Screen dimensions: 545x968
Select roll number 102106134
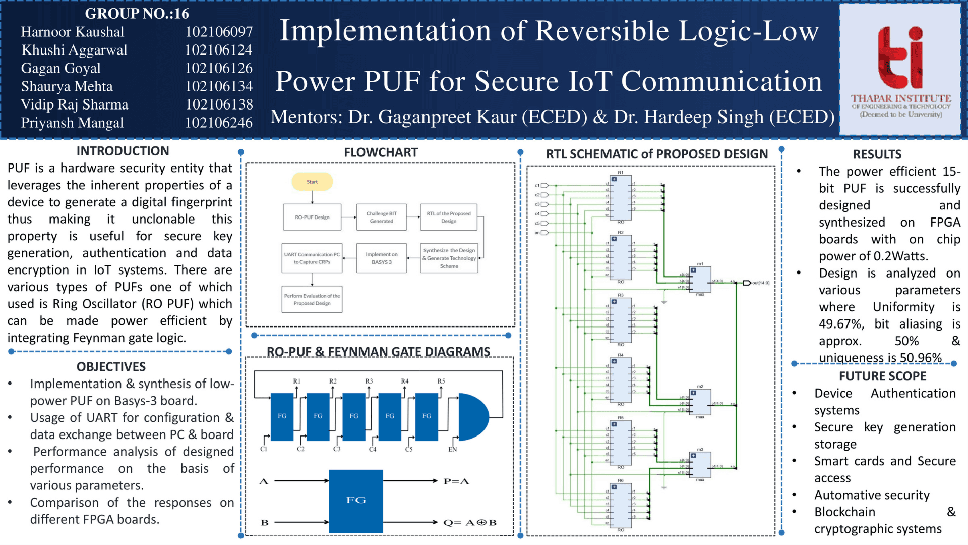click(219, 86)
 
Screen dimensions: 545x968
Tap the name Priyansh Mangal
click(72, 123)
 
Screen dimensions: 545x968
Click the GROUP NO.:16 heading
click(137, 13)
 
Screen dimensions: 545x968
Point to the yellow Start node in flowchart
click(312, 182)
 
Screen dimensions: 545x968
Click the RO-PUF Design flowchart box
click(312, 217)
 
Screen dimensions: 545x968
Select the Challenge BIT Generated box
click(381, 217)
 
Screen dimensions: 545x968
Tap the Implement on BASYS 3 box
click(381, 258)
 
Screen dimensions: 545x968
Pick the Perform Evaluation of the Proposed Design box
click(312, 299)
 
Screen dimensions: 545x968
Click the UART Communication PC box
click(312, 258)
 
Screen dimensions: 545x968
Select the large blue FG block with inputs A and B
click(356, 501)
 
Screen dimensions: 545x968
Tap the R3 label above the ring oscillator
click(369, 381)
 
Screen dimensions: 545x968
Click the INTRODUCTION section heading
click(123, 151)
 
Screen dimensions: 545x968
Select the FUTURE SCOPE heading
click(882, 376)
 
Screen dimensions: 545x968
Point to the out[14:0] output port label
click(761, 283)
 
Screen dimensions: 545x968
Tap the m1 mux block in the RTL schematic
click(701, 280)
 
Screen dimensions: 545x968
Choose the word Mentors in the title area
click(306, 117)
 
